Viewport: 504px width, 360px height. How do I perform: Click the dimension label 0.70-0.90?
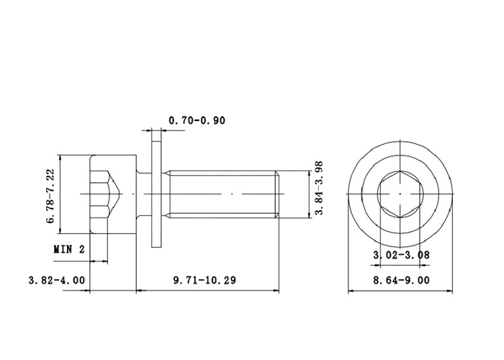(197, 120)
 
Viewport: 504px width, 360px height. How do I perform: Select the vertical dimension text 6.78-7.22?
(51, 196)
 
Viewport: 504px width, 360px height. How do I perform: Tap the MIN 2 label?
(69, 249)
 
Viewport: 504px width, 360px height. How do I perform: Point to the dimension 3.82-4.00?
(57, 280)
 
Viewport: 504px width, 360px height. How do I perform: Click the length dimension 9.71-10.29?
(204, 280)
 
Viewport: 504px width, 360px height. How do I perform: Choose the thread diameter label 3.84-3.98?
(318, 188)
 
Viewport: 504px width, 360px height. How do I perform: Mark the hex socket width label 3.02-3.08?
(401, 255)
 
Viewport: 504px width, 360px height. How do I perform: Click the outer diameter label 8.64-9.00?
(401, 280)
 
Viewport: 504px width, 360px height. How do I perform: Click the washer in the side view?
(156, 194)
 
